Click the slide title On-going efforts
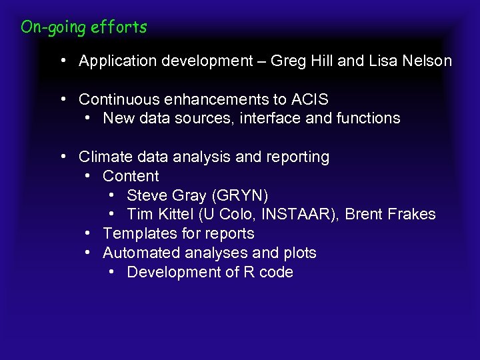(x=83, y=27)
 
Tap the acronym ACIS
(x=309, y=99)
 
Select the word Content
(x=131, y=177)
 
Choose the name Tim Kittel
(x=157, y=215)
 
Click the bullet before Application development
(x=61, y=61)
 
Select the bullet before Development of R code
(x=111, y=272)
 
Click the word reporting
(x=297, y=157)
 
